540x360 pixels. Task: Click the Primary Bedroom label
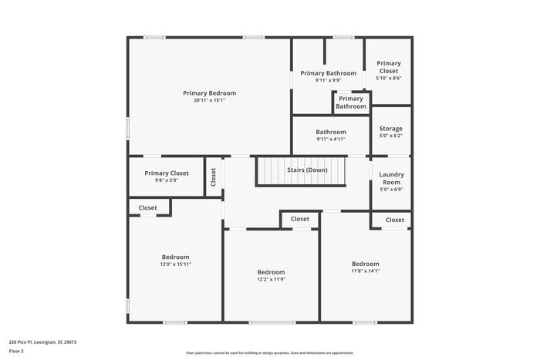(209, 93)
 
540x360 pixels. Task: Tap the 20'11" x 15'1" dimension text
(209, 100)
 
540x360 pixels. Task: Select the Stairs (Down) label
(306, 170)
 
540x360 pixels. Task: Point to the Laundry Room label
(391, 178)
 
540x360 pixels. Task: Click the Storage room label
(390, 129)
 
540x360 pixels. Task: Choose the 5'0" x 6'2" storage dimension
(390, 136)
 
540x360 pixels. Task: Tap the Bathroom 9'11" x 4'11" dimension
(330, 140)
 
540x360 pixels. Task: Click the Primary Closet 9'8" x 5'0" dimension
(167, 180)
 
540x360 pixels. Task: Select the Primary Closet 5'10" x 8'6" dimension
(388, 79)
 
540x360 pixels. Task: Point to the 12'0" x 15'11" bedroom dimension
(175, 264)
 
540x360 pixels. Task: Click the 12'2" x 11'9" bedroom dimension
(271, 280)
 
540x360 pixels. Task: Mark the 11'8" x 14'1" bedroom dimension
(365, 271)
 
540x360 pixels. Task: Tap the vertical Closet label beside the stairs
(214, 177)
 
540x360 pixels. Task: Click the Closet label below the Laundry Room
(394, 220)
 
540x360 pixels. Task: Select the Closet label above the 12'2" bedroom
(299, 220)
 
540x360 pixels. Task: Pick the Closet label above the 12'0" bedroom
(147, 207)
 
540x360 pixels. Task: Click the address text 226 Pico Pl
(42, 341)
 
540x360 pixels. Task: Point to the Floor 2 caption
(16, 351)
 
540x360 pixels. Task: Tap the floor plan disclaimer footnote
(269, 353)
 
